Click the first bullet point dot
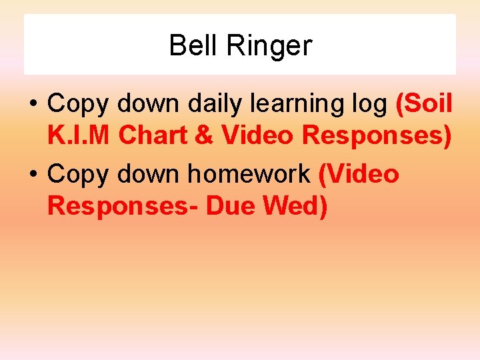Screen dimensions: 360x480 click(x=33, y=104)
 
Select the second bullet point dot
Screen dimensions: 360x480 click(x=33, y=175)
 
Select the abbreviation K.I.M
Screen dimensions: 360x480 click(x=79, y=135)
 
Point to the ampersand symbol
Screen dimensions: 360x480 click(x=206, y=135)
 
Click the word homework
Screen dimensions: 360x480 click(x=249, y=174)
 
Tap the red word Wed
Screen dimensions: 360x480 click(x=295, y=206)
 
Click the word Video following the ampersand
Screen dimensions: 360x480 click(x=258, y=135)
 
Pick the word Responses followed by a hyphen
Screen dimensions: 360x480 click(x=123, y=206)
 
